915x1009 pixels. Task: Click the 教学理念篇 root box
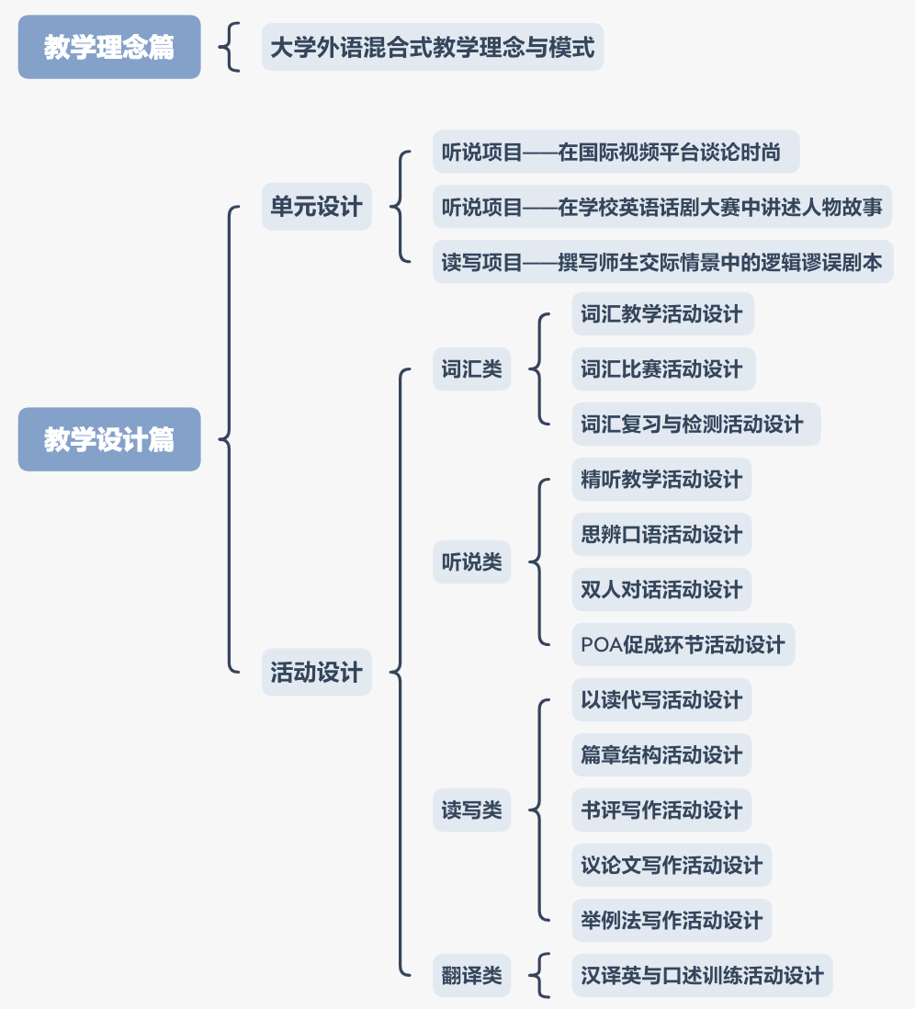[109, 47]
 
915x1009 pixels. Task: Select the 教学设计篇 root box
[109, 439]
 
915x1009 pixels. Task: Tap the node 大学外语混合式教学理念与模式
[433, 48]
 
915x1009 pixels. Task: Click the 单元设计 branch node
[316, 207]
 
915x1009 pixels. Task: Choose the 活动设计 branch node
[316, 672]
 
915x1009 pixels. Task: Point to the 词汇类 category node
[471, 369]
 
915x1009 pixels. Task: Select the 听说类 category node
[471, 562]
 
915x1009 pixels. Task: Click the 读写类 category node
[471, 811]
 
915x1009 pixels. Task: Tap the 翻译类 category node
[471, 976]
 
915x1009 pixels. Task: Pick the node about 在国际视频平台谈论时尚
[616, 152]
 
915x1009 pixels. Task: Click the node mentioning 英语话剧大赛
[661, 207]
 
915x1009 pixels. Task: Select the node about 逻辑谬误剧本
[661, 263]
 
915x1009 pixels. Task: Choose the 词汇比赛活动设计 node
[662, 369]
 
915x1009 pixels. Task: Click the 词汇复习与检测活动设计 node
[695, 425]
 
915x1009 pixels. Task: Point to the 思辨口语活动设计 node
[661, 535]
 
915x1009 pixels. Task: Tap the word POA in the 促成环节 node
[601, 645]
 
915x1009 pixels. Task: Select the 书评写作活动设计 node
[661, 811]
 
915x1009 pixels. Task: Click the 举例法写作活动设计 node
[672, 921]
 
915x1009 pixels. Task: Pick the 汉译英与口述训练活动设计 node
[702, 976]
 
